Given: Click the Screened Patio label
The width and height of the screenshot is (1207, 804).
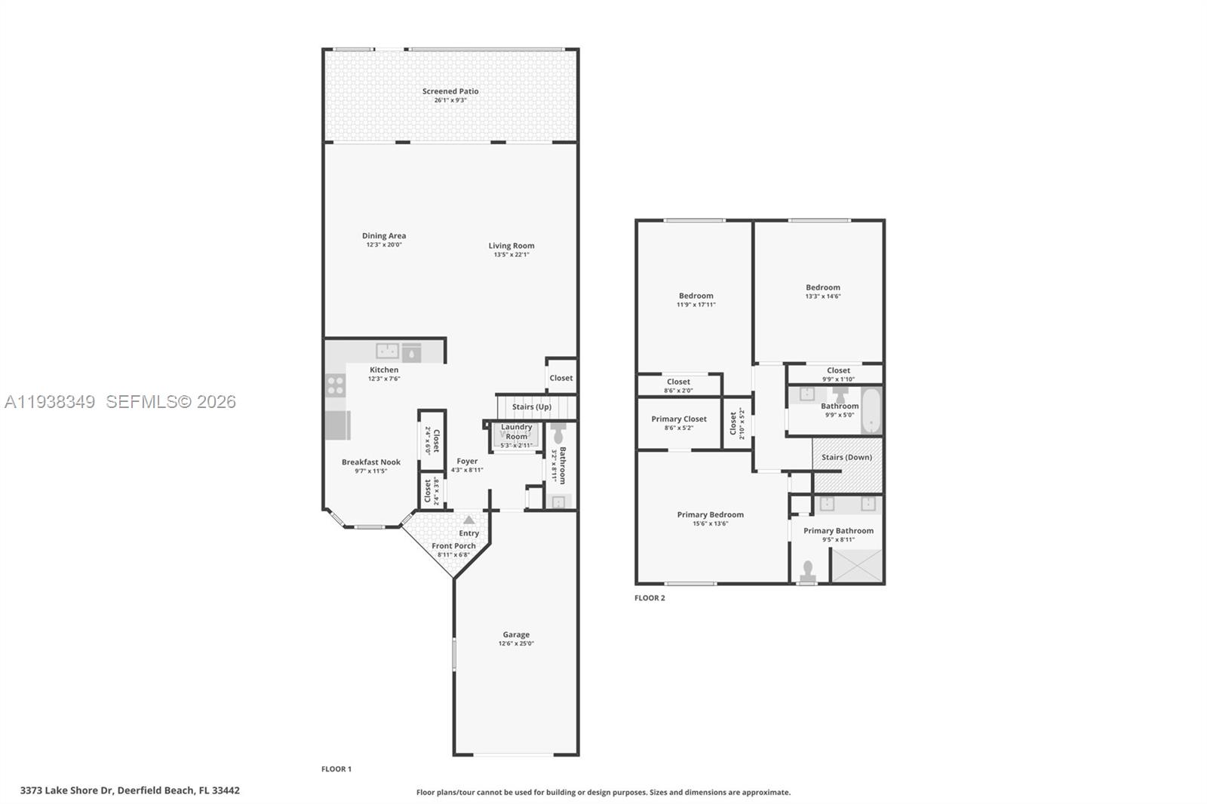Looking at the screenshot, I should coord(450,91).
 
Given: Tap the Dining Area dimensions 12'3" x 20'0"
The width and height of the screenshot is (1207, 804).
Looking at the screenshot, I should coord(384,245).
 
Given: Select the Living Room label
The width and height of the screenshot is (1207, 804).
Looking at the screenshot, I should coord(511,245).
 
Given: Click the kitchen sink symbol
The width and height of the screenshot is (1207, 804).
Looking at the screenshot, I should coord(388,351).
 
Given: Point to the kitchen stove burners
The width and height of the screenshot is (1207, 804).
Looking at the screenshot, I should coord(336,385).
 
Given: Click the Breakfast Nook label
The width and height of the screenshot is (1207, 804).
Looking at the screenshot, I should coord(370,462).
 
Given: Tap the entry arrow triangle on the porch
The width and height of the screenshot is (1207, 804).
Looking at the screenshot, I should coord(468,520).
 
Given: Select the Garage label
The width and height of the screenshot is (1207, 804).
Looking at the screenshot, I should coord(516,634).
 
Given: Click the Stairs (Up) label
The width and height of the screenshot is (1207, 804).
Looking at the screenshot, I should coord(532,407).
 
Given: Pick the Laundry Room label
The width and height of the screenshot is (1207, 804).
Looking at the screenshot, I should coord(516,431).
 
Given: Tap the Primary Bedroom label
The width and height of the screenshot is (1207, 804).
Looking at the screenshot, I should coord(710,514).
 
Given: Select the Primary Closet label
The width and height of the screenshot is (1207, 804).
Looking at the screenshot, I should coord(679,419).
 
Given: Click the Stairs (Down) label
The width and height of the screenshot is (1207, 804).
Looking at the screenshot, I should coord(846,457).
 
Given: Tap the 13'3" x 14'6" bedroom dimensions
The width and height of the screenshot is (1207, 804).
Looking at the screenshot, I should coord(822,296).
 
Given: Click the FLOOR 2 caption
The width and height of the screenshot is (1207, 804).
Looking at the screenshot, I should coord(650,598).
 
